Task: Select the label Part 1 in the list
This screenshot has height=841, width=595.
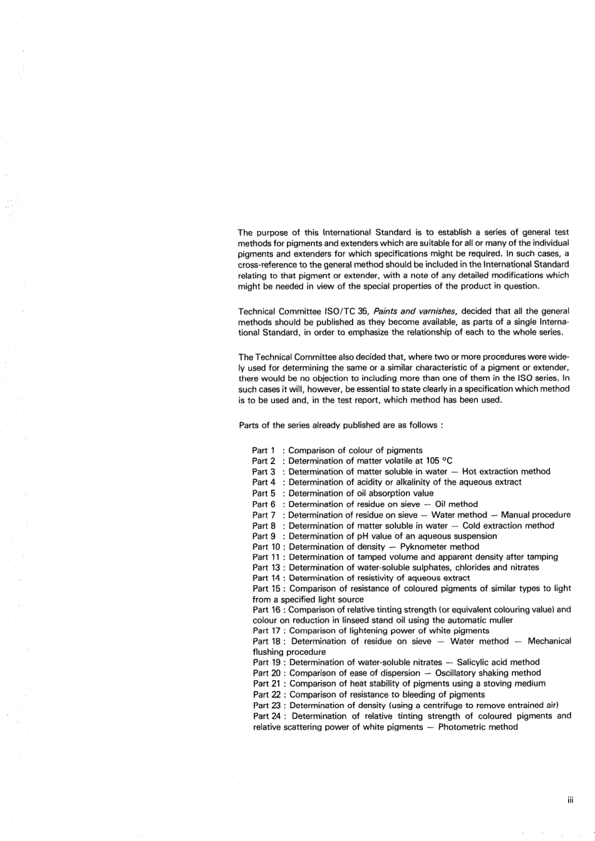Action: click(264, 450)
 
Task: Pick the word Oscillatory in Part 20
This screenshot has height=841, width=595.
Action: click(459, 673)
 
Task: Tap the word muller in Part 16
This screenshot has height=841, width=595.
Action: click(500, 620)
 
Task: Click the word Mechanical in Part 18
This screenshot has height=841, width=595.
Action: click(549, 641)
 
